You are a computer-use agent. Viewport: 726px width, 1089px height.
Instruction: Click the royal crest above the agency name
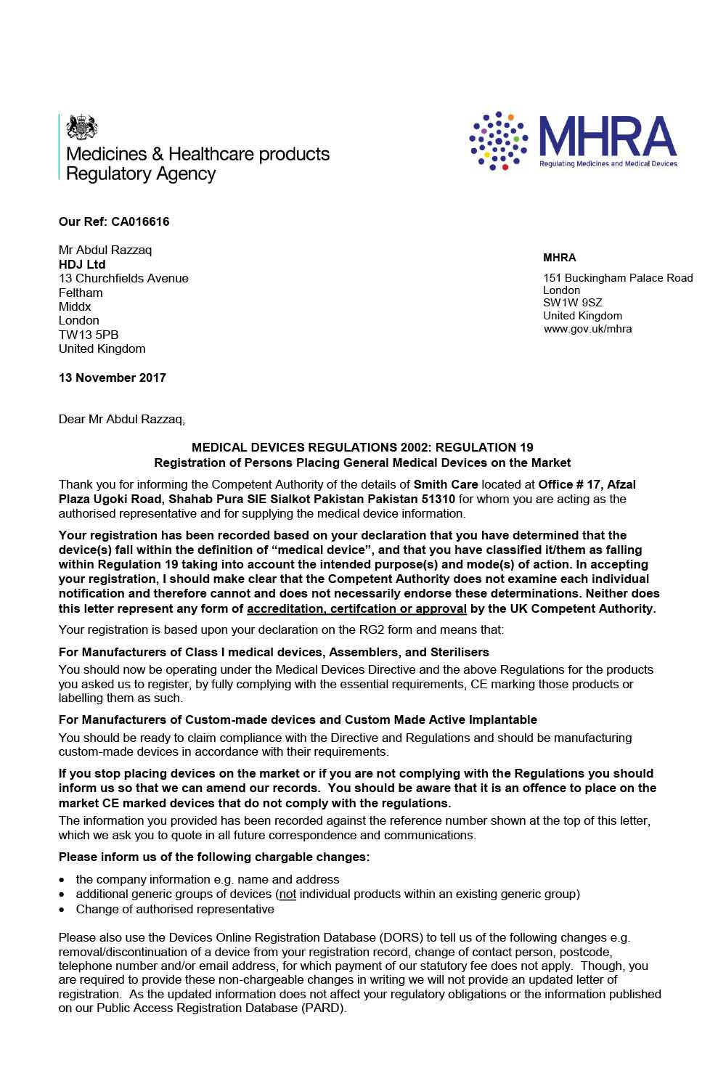[x=81, y=127]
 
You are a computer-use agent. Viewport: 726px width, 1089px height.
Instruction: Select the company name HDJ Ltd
[x=82, y=264]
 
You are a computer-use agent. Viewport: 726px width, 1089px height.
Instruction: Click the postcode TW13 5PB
[x=89, y=335]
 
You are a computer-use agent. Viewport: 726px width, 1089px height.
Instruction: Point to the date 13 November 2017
[x=113, y=378]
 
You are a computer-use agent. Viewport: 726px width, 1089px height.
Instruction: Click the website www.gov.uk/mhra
[x=587, y=329]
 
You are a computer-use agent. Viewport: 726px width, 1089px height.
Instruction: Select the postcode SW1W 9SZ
[x=572, y=303]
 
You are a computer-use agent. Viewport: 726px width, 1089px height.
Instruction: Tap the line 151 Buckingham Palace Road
[x=618, y=278]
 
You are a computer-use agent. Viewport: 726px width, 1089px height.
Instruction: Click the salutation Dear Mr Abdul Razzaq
[x=122, y=419]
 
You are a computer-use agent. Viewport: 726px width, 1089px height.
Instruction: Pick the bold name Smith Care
[x=446, y=484]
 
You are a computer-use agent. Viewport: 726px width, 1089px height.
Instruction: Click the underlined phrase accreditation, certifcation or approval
[x=356, y=608]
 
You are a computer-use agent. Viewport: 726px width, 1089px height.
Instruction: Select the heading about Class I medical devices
[x=274, y=652]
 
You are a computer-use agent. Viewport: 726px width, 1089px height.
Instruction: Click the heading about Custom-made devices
[x=298, y=719]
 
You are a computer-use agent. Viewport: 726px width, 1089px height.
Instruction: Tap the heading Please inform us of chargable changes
[x=214, y=857]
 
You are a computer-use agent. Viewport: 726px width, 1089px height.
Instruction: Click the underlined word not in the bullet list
[x=287, y=894]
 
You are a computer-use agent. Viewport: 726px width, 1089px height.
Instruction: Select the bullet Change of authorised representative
[x=175, y=909]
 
